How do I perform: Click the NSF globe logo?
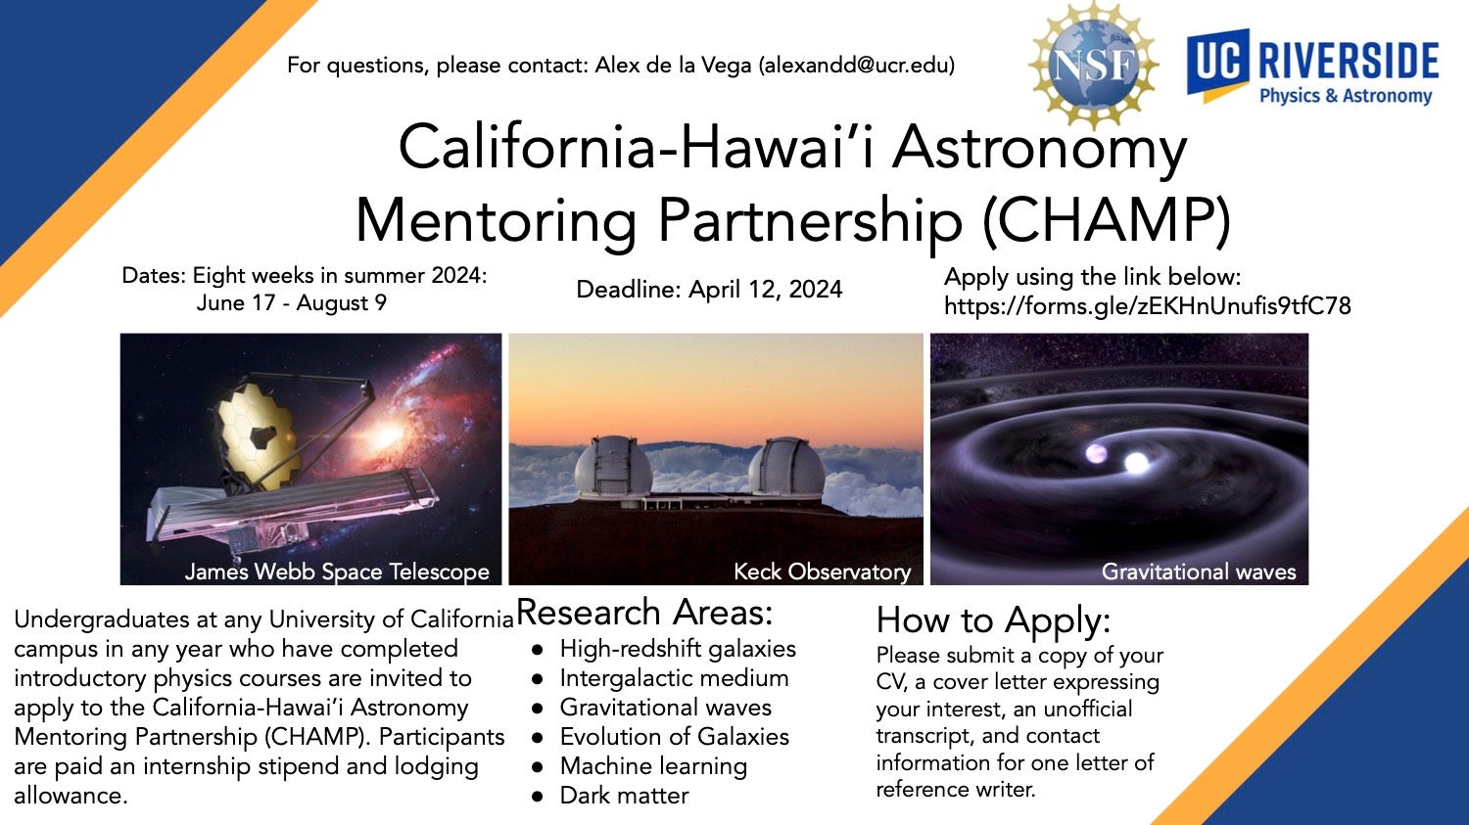pyautogui.click(x=1094, y=66)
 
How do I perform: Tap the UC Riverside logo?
pyautogui.click(x=1312, y=69)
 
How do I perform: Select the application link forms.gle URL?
pyautogui.click(x=1147, y=306)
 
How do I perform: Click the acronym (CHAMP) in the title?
pyautogui.click(x=1106, y=221)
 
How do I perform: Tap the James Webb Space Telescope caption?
pyautogui.click(x=337, y=572)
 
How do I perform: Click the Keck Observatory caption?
pyautogui.click(x=822, y=572)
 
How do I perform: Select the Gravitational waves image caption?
pyautogui.click(x=1198, y=572)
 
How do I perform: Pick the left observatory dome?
pyautogui.click(x=613, y=467)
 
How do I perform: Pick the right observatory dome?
pyautogui.click(x=785, y=467)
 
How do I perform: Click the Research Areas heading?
pyautogui.click(x=644, y=613)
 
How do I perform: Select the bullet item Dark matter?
pyautogui.click(x=624, y=796)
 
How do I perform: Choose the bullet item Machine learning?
pyautogui.click(x=653, y=766)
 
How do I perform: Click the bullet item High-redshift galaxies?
pyautogui.click(x=678, y=649)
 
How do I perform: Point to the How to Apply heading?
pyautogui.click(x=993, y=620)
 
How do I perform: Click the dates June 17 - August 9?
pyautogui.click(x=291, y=303)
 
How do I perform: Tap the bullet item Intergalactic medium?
pyautogui.click(x=674, y=678)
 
